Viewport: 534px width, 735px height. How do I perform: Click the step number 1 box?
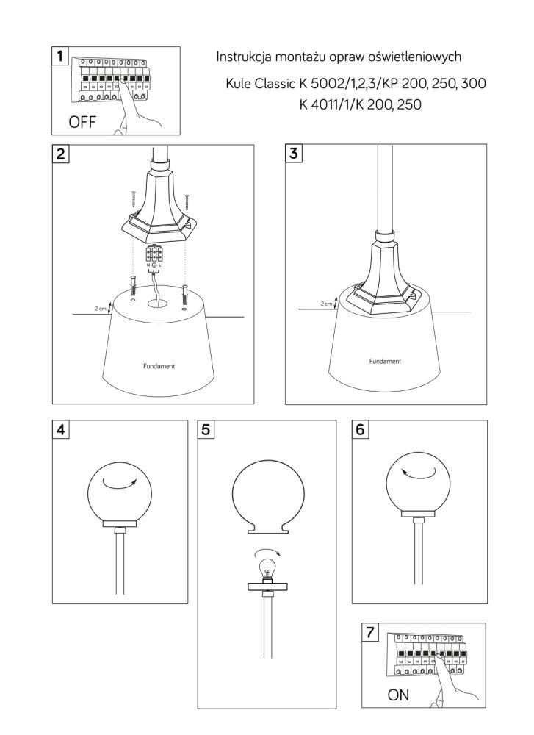click(x=60, y=56)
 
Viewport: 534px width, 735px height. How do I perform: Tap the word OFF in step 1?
click(x=82, y=122)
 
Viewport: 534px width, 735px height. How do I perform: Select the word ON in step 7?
click(x=398, y=695)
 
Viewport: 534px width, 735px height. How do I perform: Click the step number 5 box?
click(x=206, y=429)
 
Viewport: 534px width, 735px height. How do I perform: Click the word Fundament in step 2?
click(x=159, y=366)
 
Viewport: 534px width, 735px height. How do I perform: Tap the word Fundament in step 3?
click(x=385, y=362)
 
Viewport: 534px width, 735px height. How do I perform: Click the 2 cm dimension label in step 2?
click(x=100, y=309)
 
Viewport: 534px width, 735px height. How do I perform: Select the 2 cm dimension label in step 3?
click(x=326, y=304)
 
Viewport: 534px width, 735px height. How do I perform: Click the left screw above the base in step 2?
click(x=134, y=200)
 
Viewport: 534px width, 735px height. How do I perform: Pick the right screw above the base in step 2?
click(x=187, y=203)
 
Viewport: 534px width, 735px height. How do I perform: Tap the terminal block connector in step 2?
click(x=154, y=254)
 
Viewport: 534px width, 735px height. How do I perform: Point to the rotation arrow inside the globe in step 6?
click(x=418, y=473)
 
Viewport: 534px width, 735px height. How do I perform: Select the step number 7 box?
click(x=370, y=632)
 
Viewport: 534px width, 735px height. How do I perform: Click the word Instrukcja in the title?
click(x=244, y=57)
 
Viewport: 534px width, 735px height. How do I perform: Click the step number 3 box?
click(x=294, y=153)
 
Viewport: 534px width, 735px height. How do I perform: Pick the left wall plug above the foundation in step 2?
click(x=133, y=285)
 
